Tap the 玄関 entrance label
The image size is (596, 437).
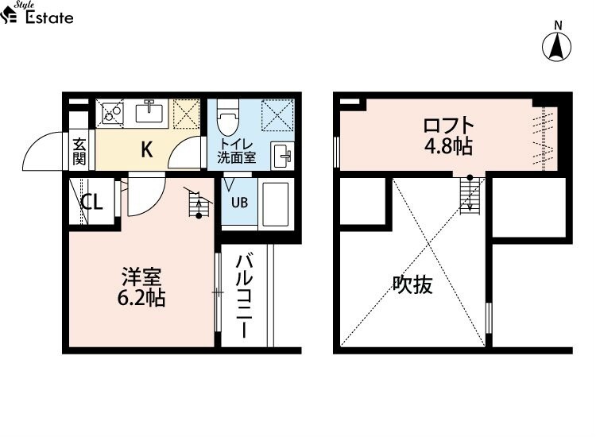pyautogui.click(x=79, y=151)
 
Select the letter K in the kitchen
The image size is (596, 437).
pyautogui.click(x=147, y=149)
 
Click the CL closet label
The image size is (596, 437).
pyautogui.click(x=91, y=202)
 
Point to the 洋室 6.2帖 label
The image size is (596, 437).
pyautogui.click(x=142, y=288)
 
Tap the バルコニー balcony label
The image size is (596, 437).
pyautogui.click(x=245, y=295)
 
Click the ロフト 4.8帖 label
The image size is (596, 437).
pyautogui.click(x=448, y=136)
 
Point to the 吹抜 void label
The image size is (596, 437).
pyautogui.click(x=413, y=284)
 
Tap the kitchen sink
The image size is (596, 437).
pyautogui.click(x=149, y=112)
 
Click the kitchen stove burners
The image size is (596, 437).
pyautogui.click(x=110, y=112)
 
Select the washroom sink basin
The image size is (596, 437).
pyautogui.click(x=281, y=155)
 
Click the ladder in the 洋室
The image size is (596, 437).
pyautogui.click(x=195, y=205)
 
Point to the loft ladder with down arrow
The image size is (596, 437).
pyautogui.click(x=470, y=194)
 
